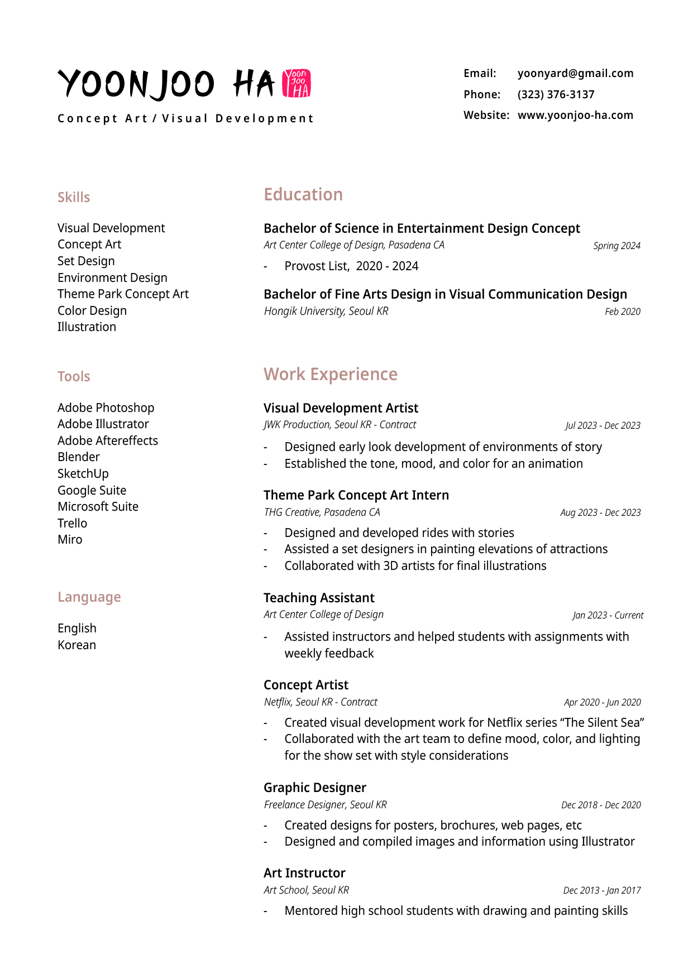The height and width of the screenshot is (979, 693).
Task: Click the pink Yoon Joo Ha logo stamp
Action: [x=297, y=84]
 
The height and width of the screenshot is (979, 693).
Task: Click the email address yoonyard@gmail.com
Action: [x=575, y=74]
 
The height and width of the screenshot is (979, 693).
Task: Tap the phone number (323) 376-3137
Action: [x=556, y=95]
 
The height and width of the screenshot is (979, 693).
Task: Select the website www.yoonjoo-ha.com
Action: [x=575, y=116]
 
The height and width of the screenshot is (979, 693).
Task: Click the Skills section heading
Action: [x=74, y=198]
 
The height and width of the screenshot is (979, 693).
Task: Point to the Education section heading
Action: [x=303, y=195]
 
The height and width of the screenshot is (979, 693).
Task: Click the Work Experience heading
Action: [x=331, y=375]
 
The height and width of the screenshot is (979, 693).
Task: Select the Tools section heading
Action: [x=74, y=377]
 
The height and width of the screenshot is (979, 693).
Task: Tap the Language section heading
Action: [x=89, y=597]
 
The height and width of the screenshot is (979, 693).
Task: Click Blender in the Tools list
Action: [x=79, y=457]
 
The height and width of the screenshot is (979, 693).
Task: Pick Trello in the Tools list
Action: [x=73, y=524]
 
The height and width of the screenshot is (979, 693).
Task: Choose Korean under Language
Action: [x=77, y=645]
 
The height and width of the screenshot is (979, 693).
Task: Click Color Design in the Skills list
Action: [x=92, y=311]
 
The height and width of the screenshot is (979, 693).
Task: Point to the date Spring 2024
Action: [x=616, y=246]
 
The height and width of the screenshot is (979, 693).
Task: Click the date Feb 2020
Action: [x=623, y=312]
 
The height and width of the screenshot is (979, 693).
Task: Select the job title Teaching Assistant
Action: [x=319, y=598]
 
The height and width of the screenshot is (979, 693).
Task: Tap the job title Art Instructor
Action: [x=304, y=874]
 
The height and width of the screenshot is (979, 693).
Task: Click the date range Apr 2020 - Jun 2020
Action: [x=602, y=703]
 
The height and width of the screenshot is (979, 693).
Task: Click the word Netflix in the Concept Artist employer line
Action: [x=278, y=702]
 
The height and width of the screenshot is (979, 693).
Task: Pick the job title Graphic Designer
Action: [x=315, y=788]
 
